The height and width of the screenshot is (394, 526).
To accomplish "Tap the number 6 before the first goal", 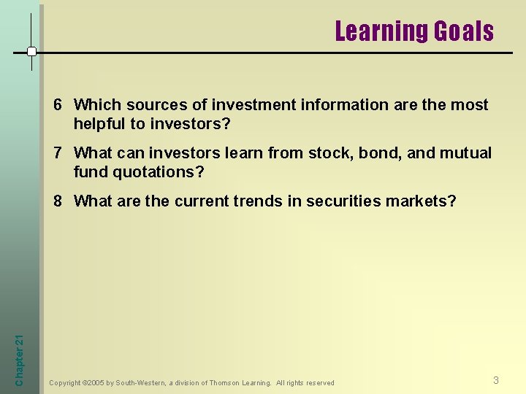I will (58, 105).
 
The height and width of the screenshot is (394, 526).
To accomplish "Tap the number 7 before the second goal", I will (58, 153).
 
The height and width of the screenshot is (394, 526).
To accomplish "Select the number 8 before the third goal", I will (58, 201).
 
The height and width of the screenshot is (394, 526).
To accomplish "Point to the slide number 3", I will (496, 380).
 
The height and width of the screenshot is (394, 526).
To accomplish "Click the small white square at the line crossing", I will (31, 52).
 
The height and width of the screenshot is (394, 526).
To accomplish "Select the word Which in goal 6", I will (96, 105).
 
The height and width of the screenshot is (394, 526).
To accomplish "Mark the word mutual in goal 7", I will (465, 153).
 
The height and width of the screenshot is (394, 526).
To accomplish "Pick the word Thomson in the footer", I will (226, 383).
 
